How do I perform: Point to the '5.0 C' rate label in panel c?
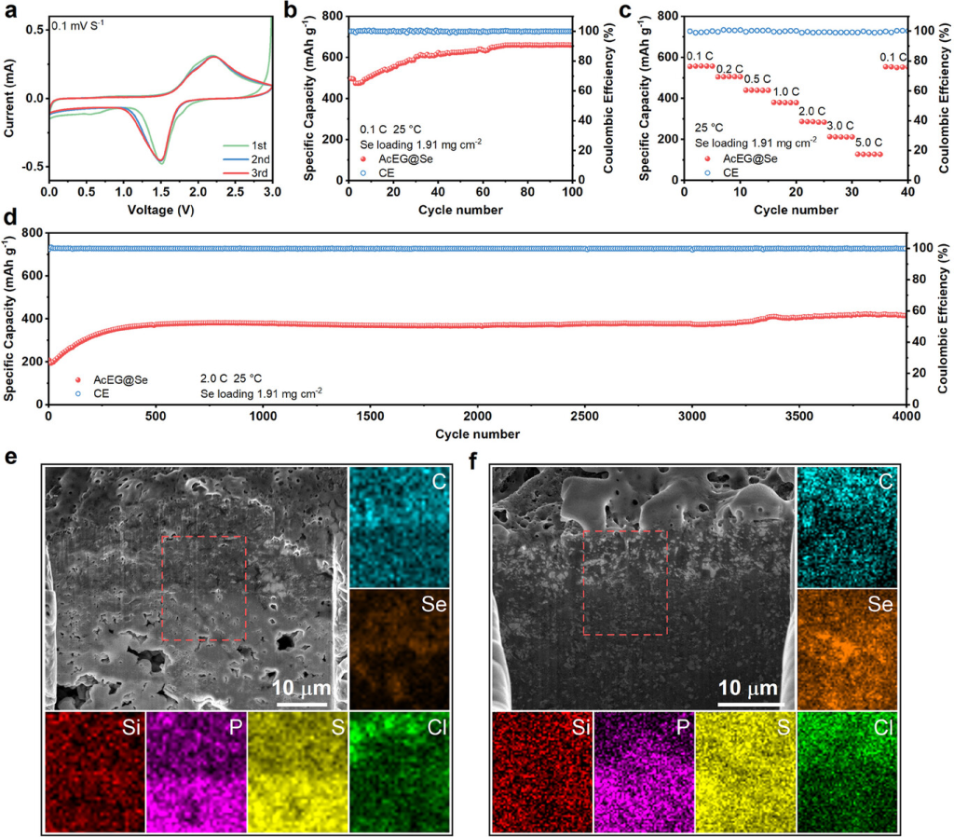tap(868, 142)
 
